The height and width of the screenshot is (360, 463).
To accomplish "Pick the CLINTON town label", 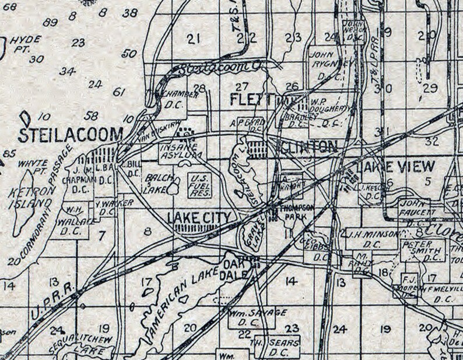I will pos(309,145).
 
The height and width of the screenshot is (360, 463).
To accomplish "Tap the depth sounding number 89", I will pos(50,22).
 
